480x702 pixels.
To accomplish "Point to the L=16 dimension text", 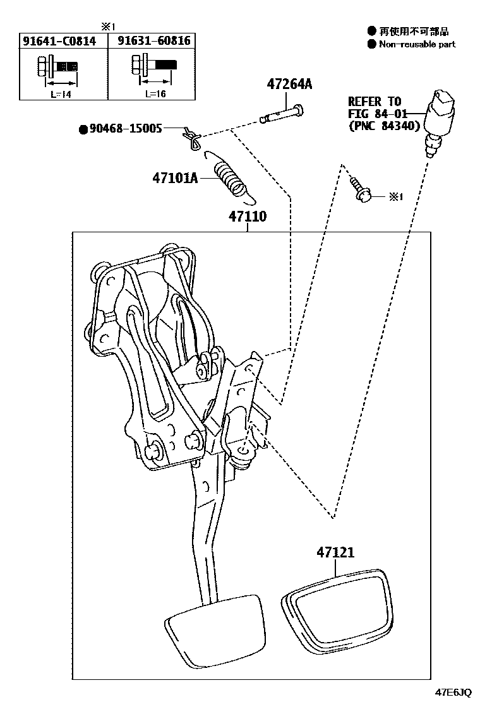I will (x=155, y=92).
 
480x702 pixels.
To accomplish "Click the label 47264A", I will (x=290, y=84).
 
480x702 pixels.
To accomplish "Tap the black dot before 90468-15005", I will (x=83, y=129).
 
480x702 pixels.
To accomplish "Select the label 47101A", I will (x=174, y=178).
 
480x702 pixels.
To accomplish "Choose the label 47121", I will (x=335, y=552).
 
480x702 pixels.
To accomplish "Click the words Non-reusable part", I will (x=416, y=44).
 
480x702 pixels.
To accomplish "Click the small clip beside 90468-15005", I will (x=190, y=137).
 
